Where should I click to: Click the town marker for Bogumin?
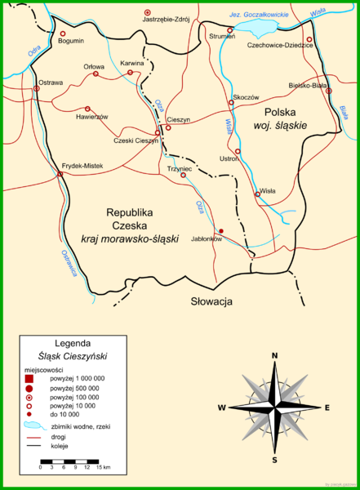63,34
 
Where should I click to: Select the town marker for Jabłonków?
220,231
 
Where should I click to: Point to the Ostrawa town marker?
36,88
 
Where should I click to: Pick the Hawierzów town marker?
87,109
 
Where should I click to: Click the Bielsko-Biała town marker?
329,91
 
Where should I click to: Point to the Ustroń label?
229,159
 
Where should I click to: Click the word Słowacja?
211,301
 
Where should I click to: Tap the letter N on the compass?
275,355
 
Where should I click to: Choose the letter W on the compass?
221,407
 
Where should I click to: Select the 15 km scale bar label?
104,467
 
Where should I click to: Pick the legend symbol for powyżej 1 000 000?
30,378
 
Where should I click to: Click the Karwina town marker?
130,73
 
